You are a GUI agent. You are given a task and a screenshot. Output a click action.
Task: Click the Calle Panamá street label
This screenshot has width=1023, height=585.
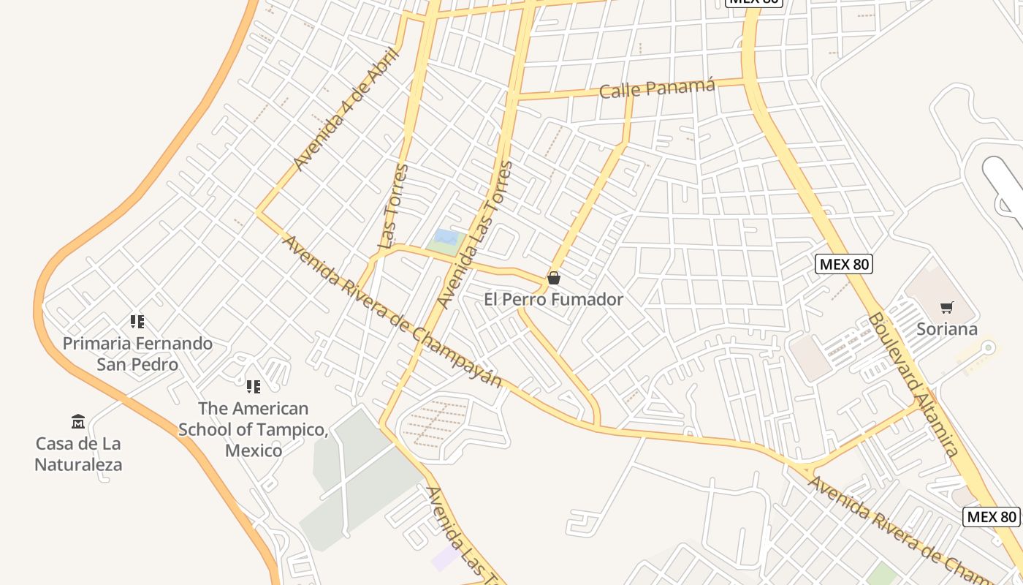656,88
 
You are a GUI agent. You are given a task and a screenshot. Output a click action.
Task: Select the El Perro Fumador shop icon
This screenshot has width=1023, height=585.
554,278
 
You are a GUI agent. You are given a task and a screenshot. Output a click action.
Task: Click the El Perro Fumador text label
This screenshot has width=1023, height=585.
554,299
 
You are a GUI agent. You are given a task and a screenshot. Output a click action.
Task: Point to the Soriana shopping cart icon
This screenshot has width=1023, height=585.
947,307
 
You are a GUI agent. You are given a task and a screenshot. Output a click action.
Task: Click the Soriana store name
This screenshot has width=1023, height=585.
947,329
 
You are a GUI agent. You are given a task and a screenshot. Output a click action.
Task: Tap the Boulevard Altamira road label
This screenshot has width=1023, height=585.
913,385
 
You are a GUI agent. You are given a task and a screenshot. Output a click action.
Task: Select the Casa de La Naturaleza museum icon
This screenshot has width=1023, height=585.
78,421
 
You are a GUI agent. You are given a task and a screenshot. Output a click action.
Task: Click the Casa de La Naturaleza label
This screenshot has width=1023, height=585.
78,454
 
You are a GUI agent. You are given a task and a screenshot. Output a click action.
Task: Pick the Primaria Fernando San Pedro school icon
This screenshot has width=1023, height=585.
137,321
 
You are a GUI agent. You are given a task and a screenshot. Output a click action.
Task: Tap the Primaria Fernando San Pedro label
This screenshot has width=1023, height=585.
137,354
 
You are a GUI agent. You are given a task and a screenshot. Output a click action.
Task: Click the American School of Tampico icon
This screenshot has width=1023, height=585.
254,386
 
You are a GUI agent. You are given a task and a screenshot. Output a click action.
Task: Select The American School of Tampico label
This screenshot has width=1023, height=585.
254,429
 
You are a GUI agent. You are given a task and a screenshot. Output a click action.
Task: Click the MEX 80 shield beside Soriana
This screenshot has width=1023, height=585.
844,264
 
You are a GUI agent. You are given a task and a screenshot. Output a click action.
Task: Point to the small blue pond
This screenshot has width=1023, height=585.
446,238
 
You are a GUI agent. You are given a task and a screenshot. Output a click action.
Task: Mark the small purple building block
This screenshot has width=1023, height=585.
446,558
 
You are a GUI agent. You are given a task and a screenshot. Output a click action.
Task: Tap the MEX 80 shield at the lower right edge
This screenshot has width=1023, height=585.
992,517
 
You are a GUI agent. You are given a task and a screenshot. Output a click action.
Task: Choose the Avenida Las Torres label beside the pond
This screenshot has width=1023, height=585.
475,234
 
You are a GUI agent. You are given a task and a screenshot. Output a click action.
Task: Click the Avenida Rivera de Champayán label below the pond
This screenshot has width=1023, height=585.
392,311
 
